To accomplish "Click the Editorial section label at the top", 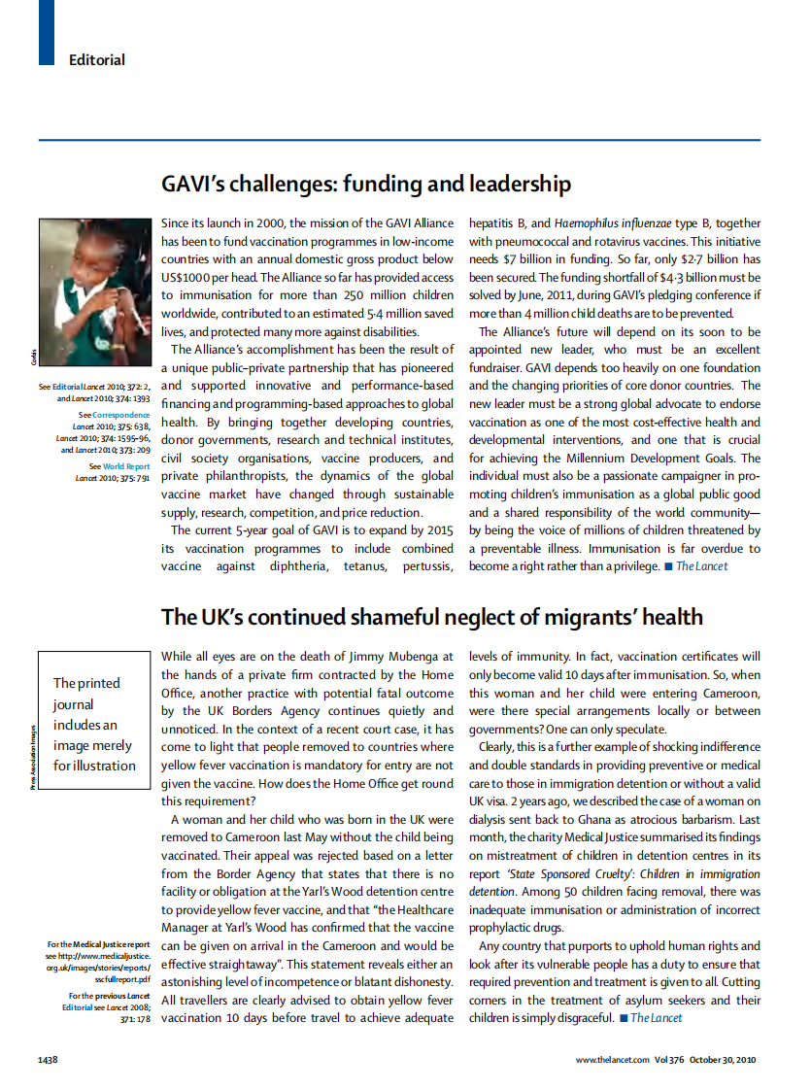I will [96, 60].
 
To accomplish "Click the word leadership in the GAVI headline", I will [523, 184].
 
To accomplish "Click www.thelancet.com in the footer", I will [613, 1059].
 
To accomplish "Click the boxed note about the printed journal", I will [94, 724].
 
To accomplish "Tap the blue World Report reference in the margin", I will [127, 466].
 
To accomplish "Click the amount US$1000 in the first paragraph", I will [194, 277].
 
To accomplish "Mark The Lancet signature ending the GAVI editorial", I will [701, 565].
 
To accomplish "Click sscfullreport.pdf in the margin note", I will [123, 982].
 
